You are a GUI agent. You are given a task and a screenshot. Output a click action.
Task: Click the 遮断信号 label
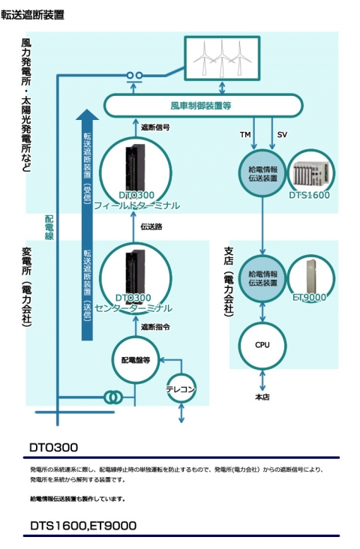pyautogui.click(x=155, y=127)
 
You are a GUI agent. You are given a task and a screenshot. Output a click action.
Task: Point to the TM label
pyautogui.click(x=244, y=134)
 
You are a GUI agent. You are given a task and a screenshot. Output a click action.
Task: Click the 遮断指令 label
pyautogui.click(x=155, y=327)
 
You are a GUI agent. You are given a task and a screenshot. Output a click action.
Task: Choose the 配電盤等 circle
pyautogui.click(x=136, y=361)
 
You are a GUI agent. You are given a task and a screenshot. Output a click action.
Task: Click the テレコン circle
pyautogui.click(x=181, y=389)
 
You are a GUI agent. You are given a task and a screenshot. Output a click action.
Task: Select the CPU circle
pyautogui.click(x=262, y=346)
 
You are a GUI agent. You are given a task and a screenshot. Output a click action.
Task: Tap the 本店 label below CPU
pyautogui.click(x=262, y=397)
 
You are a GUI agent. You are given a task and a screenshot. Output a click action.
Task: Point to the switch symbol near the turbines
pyautogui.click(x=135, y=76)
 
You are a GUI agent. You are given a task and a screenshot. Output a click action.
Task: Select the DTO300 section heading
pyautogui.click(x=53, y=448)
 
